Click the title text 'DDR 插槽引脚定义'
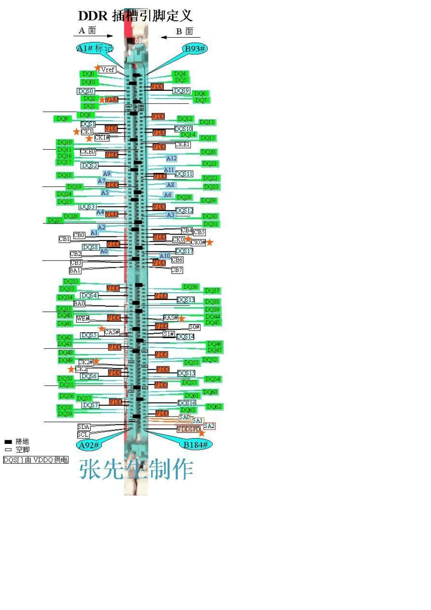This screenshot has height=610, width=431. pos(135,16)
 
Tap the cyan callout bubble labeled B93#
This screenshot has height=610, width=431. pos(194,49)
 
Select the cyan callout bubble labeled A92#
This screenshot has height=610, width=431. pos(89,445)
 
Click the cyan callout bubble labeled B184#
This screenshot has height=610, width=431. pos(196,445)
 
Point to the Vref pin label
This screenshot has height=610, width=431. pos(108,69)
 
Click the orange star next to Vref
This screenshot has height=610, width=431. pos(97,68)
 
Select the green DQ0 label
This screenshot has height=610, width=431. pos(88,74)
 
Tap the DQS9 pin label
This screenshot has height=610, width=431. pos(181,91)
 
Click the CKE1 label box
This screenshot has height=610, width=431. pos(182,144)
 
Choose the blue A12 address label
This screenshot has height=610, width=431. pos(171,158)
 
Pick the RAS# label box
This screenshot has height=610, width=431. pos(170,318)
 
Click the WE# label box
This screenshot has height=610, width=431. pos(83,319)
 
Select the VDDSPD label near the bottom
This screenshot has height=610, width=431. pos(188,429)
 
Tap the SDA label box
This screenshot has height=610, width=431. pos(83,427)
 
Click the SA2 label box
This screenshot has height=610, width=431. pos(209,426)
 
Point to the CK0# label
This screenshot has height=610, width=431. pos(198,242)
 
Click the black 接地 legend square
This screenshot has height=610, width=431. pos(8,441)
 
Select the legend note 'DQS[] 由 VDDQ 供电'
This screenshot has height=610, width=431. pos(35,460)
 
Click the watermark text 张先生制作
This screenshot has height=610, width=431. pos(136,469)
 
